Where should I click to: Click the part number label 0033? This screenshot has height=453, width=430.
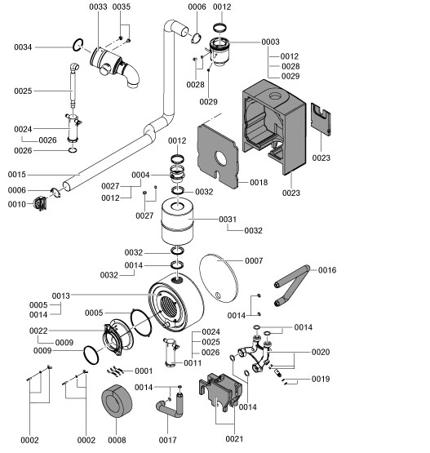[x=97, y=7]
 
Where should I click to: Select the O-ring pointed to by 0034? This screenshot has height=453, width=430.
[x=76, y=46]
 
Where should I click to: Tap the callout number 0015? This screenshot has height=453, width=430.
[x=18, y=175]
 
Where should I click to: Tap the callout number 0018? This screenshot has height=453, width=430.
[x=259, y=182]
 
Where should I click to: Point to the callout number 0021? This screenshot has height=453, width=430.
[x=234, y=439]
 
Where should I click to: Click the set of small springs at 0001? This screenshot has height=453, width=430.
[x=117, y=371]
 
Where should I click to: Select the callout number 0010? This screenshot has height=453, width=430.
[x=18, y=204]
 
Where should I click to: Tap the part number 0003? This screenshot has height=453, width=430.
[x=270, y=42]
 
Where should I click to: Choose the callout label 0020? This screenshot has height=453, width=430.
[x=320, y=352]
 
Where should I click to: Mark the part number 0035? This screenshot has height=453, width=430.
[x=121, y=7]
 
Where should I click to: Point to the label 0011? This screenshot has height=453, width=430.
[x=193, y=362]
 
